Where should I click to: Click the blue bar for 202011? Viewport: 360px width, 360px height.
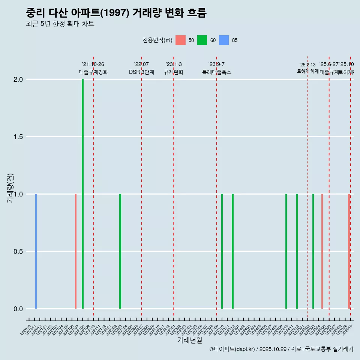tap(36, 251)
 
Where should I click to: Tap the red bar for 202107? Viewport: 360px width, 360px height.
tap(76, 251)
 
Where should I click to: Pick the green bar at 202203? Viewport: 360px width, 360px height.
tap(120, 251)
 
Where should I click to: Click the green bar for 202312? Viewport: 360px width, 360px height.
tap(232, 251)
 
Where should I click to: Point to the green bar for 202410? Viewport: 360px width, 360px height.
tap(286, 251)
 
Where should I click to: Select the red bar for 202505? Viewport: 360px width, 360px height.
tap(322, 251)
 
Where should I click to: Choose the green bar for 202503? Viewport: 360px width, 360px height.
tap(313, 251)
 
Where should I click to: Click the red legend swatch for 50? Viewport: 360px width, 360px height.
tap(180, 40)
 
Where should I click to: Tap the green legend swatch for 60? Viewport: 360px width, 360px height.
tap(202, 40)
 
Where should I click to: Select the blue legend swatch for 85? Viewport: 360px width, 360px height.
tap(224, 40)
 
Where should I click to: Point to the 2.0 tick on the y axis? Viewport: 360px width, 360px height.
tap(18, 79)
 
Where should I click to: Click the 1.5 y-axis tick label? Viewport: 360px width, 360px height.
tap(18, 137)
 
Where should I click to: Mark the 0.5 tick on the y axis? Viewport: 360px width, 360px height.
tap(18, 252)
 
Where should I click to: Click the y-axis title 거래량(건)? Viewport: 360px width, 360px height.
tap(10, 188)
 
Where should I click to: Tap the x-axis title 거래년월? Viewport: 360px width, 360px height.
tap(189, 340)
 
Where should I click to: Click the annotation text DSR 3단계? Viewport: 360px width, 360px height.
tap(141, 72)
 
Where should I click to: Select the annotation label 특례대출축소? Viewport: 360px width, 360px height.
tap(216, 72)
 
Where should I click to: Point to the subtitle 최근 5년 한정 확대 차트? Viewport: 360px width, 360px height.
tap(60, 24)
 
